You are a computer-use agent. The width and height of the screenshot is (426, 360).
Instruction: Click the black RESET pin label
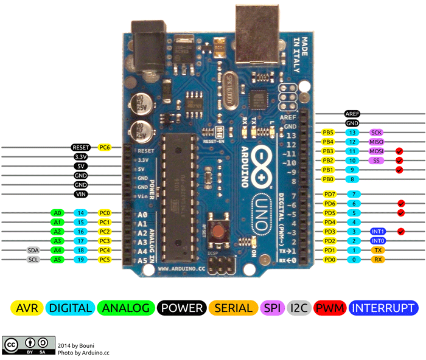click(80, 147)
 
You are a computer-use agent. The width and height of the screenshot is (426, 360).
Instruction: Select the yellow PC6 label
click(104, 147)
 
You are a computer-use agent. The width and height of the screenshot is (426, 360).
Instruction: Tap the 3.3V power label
click(80, 156)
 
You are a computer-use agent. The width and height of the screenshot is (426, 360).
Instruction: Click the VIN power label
click(80, 194)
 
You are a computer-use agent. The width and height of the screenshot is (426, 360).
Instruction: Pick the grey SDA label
click(33, 250)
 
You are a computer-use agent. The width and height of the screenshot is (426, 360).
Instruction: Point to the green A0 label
click(58, 213)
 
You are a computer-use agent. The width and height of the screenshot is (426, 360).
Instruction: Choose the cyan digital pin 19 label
click(80, 259)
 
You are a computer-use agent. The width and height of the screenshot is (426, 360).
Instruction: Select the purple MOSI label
click(377, 151)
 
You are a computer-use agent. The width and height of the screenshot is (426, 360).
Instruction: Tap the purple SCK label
click(376, 132)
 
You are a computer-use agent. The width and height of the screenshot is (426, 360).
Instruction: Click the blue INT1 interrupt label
click(378, 232)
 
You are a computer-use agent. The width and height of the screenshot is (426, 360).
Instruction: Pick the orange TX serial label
click(378, 250)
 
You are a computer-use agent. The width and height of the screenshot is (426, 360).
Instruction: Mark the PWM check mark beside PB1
click(399, 170)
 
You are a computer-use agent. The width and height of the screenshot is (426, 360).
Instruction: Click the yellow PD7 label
click(329, 194)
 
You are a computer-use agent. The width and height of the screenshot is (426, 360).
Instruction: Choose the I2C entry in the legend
click(299, 308)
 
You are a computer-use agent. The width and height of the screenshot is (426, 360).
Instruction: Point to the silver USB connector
click(257, 36)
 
